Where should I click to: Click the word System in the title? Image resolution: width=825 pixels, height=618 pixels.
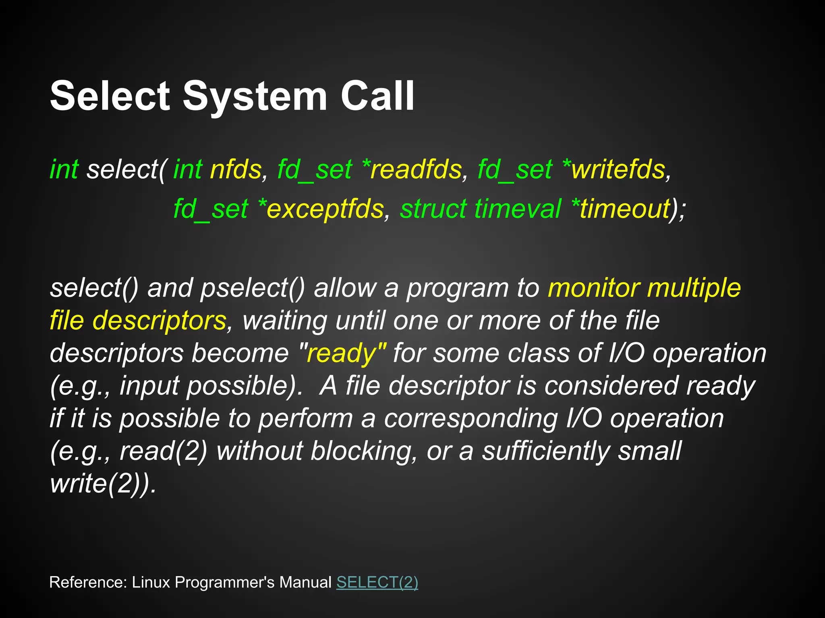(255, 97)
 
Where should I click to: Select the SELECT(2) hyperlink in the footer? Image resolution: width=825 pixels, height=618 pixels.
(377, 582)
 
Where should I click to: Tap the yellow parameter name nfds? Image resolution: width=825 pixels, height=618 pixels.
(236, 169)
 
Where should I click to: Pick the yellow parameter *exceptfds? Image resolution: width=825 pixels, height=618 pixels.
(321, 209)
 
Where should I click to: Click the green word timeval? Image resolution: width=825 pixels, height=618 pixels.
(518, 209)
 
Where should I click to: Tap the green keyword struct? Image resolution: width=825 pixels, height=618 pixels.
(433, 209)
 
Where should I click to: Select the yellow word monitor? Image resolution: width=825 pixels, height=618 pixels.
(594, 288)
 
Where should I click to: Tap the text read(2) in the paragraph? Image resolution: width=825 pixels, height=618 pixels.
(164, 451)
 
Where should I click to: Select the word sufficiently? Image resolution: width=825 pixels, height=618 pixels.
(546, 451)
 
